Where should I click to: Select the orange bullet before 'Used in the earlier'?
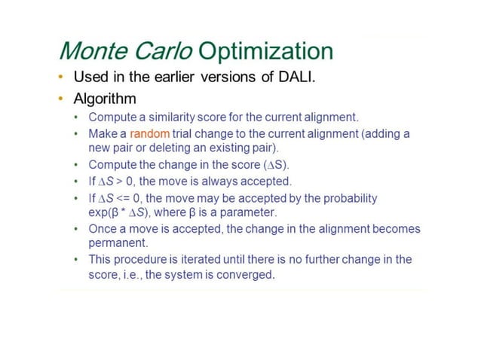[x=60, y=78]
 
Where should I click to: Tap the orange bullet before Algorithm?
[x=60, y=99]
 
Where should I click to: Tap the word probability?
[x=348, y=199]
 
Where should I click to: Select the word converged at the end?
[x=247, y=276]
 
